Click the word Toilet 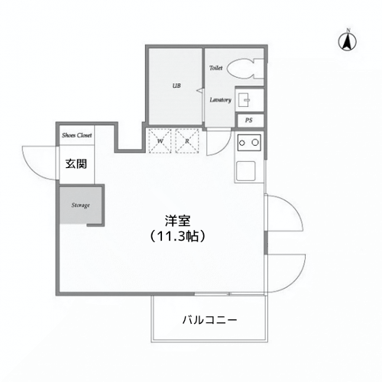click(216, 68)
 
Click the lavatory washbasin click(247, 99)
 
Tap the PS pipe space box click(249, 121)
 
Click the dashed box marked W click(161, 141)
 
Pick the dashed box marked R click(186, 141)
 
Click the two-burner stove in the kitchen click(249, 142)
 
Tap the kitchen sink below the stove click(248, 170)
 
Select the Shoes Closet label click(77, 134)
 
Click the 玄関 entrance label click(76, 163)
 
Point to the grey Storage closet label click(81, 206)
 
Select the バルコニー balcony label click(209, 320)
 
